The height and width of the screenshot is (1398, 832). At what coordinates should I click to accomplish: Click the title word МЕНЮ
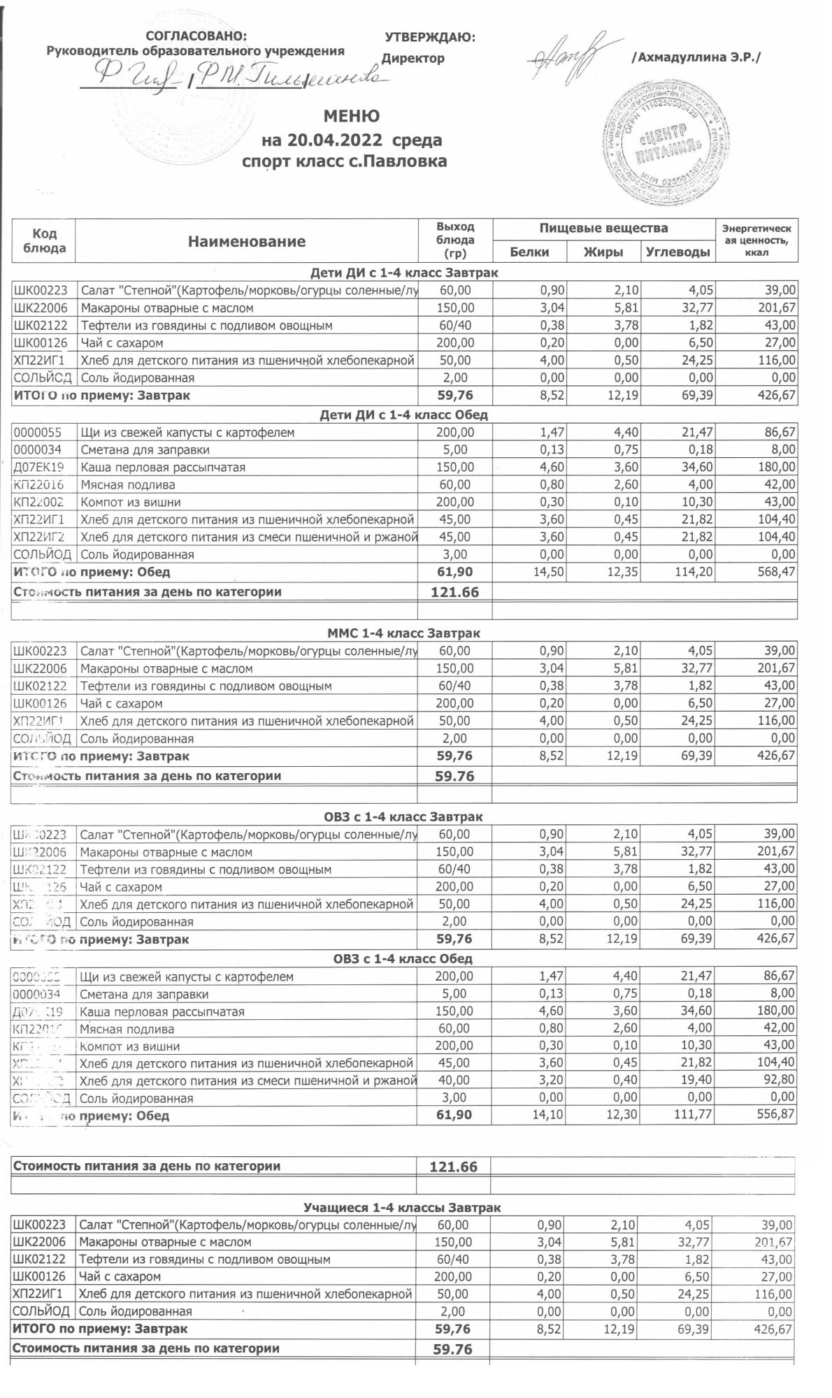click(352, 116)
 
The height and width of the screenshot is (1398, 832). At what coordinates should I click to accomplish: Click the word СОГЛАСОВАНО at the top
click(196, 36)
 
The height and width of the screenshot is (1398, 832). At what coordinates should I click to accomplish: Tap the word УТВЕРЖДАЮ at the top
click(430, 37)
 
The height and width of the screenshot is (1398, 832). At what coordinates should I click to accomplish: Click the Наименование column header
click(246, 242)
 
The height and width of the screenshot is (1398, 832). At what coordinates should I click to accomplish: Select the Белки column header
click(529, 252)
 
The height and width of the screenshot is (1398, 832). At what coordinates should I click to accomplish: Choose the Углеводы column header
click(677, 252)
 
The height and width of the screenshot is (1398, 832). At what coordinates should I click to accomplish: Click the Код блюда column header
click(44, 240)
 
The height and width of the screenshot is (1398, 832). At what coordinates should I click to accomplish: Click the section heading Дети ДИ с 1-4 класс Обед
click(403, 415)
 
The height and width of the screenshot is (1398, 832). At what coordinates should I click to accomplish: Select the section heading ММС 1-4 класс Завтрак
click(404, 633)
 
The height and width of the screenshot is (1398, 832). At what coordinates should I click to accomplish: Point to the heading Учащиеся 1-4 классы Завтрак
click(402, 1207)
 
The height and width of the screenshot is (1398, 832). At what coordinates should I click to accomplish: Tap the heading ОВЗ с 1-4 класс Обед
click(403, 958)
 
